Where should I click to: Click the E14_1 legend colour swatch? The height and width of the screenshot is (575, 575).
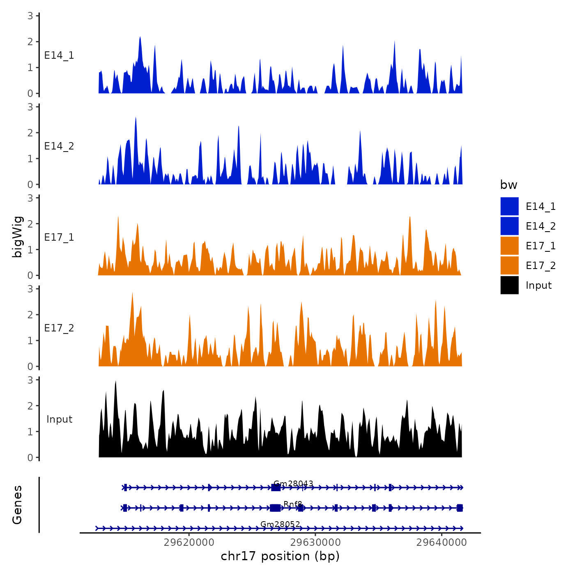pyautogui.click(x=509, y=206)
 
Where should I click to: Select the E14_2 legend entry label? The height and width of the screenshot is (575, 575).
pyautogui.click(x=540, y=226)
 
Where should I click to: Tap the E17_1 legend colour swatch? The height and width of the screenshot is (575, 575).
pyautogui.click(x=509, y=246)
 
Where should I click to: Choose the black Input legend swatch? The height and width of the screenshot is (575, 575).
pyautogui.click(x=509, y=285)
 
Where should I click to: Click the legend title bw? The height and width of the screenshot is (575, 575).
pyautogui.click(x=508, y=185)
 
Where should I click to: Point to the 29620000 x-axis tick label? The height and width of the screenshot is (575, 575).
pyautogui.click(x=189, y=543)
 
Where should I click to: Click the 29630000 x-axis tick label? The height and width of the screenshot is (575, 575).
pyautogui.click(x=315, y=543)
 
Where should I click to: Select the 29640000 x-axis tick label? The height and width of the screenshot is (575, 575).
pyautogui.click(x=441, y=543)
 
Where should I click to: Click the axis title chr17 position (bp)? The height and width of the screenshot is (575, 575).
pyautogui.click(x=280, y=556)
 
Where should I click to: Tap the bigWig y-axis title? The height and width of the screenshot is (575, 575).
pyautogui.click(x=18, y=237)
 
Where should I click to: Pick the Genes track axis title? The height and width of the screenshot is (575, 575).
pyautogui.click(x=18, y=505)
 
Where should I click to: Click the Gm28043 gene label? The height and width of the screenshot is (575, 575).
pyautogui.click(x=293, y=483)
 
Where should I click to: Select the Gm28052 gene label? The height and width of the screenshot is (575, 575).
pyautogui.click(x=280, y=524)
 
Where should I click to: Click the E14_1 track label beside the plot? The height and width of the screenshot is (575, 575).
pyautogui.click(x=59, y=55)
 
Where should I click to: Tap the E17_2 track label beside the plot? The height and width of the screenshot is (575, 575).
pyautogui.click(x=59, y=328)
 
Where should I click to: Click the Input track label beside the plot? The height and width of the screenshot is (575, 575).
pyautogui.click(x=59, y=419)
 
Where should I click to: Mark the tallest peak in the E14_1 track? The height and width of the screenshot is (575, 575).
pyautogui.click(x=140, y=37)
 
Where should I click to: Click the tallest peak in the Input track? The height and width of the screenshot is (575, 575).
pyautogui.click(x=115, y=382)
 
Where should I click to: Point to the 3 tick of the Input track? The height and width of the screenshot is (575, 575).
pyautogui.click(x=30, y=380)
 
